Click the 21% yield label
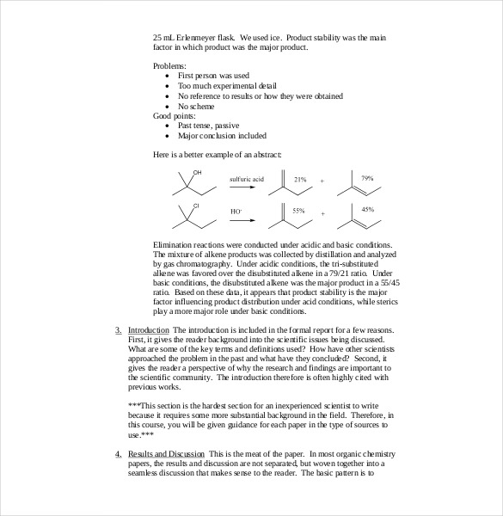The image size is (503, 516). tap(300, 180)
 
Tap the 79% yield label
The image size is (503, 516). tap(367, 178)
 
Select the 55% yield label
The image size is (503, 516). tap(298, 211)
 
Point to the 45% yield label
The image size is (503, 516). tap(367, 210)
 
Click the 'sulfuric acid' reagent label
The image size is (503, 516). tap(248, 179)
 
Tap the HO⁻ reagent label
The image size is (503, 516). tap(236, 211)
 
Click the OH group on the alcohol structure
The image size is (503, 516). tap(197, 173)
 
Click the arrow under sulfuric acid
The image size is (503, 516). tap(248, 187)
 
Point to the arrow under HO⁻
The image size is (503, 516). tap(248, 219)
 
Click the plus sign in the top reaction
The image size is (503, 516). tap(322, 181)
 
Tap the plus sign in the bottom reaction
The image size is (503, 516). tap(322, 213)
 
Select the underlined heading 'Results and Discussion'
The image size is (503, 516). tap(166, 453)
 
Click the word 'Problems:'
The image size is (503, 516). tap(169, 65)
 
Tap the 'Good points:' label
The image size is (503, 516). tap(174, 115)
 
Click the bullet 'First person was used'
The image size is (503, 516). tap(213, 76)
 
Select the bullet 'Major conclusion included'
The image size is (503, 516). tap(222, 135)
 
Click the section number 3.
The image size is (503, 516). tap(118, 330)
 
